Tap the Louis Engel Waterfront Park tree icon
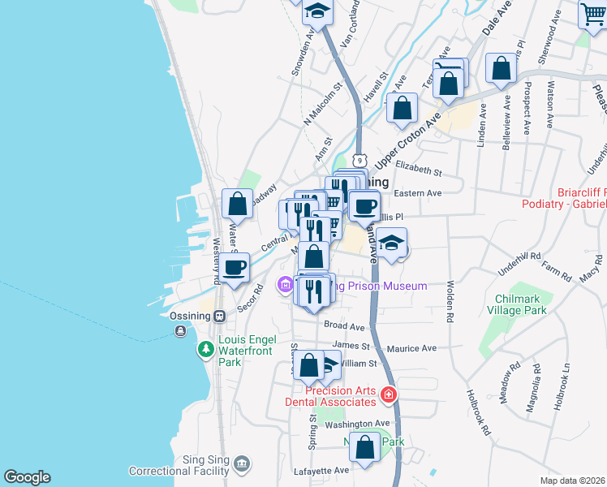pyautogui.click(x=206, y=349)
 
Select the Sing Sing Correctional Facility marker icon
pyautogui.click(x=240, y=464)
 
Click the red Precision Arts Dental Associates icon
pyautogui.click(x=389, y=395)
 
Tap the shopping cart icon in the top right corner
pyautogui.click(x=592, y=14)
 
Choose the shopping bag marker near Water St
pyautogui.click(x=238, y=203)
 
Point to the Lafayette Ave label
pyautogui.click(x=321, y=470)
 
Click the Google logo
pyautogui.click(x=27, y=477)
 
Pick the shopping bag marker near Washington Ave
pyautogui.click(x=366, y=446)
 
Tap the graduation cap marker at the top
pyautogui.click(x=316, y=11)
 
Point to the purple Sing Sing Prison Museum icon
pyautogui.click(x=285, y=286)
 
